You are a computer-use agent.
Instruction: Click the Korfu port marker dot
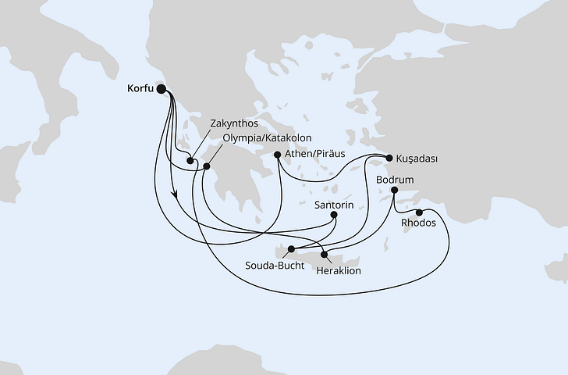[x=162, y=89]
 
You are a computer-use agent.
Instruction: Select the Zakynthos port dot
[x=190, y=162]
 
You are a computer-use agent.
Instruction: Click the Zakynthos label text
[x=234, y=123]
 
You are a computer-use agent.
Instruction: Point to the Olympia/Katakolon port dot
[x=206, y=166]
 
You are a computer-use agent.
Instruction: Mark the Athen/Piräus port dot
[x=278, y=155]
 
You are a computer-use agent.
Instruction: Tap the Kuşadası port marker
[x=389, y=158]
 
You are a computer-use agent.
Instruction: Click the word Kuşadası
[x=417, y=159]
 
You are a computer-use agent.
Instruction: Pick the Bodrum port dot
[x=395, y=190]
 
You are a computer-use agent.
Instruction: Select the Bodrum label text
[x=395, y=179]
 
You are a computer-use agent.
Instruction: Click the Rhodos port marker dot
[x=419, y=212]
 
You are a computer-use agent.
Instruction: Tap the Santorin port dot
[x=334, y=215]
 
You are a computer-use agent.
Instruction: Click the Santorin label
[x=334, y=203]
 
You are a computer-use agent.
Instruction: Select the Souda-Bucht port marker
[x=290, y=251]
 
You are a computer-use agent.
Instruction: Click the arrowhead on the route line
[x=174, y=197]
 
